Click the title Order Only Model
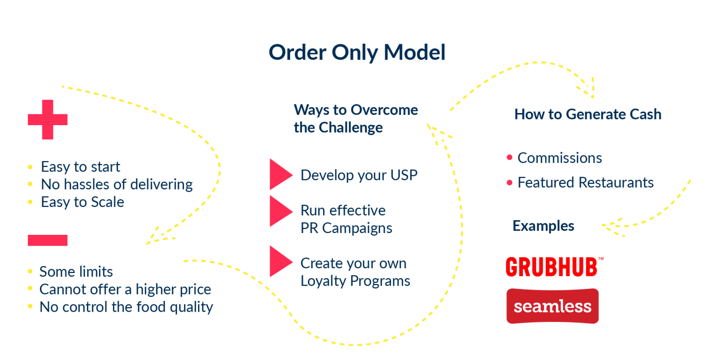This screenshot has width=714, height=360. coord(357,52)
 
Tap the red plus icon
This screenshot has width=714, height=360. coord(47,120)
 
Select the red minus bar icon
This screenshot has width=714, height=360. coord(47,240)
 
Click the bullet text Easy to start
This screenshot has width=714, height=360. coord(80,167)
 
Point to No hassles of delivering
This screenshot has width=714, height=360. coord(117,184)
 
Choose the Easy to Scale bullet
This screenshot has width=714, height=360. coord(82,202)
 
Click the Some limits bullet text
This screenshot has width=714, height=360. coord(76,271)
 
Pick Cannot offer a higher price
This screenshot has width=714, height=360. coord(125,289)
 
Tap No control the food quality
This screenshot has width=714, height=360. coord(126,307)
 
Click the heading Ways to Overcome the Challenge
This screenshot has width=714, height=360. coord(356,119)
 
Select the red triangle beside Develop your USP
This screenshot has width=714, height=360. coord(280,174)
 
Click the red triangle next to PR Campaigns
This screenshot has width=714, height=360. coord(280,211)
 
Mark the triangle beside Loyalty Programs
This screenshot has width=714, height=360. coord(280,261)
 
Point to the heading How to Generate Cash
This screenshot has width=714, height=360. coord(588,114)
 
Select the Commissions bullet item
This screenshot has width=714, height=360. coord(560,158)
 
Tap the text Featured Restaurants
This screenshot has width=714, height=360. coord(586,182)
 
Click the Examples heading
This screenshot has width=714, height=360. coord(543,226)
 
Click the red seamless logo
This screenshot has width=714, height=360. coord(552,306)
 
